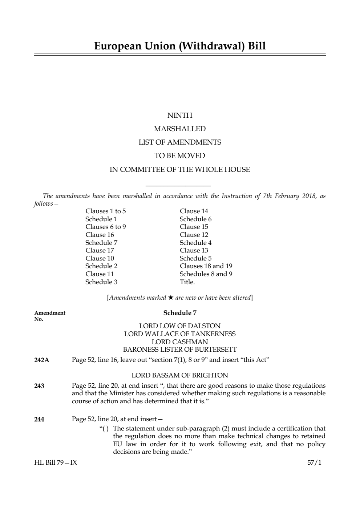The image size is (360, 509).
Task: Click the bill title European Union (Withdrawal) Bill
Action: [180, 46]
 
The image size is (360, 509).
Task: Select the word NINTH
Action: [180, 116]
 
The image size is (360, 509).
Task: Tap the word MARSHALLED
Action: [180, 129]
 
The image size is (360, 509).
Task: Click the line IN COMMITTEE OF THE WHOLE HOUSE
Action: [180, 170]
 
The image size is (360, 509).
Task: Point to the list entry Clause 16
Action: [100, 235]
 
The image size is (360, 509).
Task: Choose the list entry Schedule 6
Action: [195, 219]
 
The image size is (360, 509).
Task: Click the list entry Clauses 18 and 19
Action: [206, 266]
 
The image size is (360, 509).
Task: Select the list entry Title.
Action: [187, 282]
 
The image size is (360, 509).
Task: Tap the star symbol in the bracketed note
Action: [171, 298]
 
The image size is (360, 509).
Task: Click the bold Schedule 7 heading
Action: [180, 313]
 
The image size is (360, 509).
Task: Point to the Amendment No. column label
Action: [50, 316]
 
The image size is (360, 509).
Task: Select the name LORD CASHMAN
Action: [180, 342]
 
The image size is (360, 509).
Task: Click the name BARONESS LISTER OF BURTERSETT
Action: [180, 350]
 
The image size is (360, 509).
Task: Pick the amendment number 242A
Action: [42, 360]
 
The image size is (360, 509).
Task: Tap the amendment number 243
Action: [39, 386]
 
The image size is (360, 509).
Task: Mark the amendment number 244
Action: [39, 419]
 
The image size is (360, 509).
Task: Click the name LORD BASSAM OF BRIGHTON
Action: [180, 375]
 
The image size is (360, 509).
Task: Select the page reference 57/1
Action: [314, 463]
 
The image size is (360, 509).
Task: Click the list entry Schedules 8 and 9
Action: [206, 274]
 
